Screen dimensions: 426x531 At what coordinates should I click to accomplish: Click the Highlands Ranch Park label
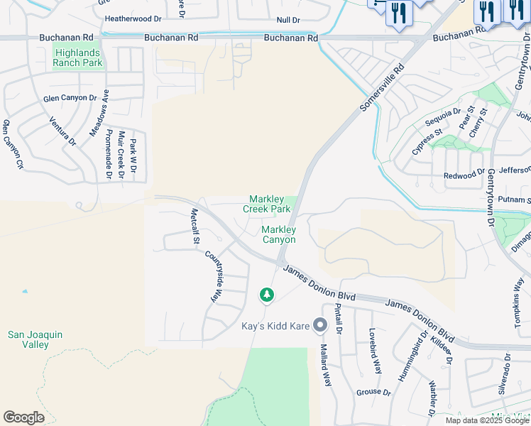77,58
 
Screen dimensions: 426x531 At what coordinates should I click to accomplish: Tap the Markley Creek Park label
267,204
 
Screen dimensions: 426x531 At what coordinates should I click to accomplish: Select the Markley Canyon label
278,234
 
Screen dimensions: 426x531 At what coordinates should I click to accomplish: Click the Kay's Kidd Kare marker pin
320,325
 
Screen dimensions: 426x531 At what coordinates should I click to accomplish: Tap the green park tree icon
267,294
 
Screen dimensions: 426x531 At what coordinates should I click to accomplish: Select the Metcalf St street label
194,226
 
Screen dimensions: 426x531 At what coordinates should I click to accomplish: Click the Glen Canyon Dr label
70,98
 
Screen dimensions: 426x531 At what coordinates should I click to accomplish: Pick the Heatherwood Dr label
133,19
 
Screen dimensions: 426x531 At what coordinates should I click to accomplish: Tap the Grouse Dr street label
373,392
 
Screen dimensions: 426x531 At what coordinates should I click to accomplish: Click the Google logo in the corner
23,417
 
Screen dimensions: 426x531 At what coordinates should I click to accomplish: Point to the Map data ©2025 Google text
487,420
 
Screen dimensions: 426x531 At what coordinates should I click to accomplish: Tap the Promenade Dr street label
108,154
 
